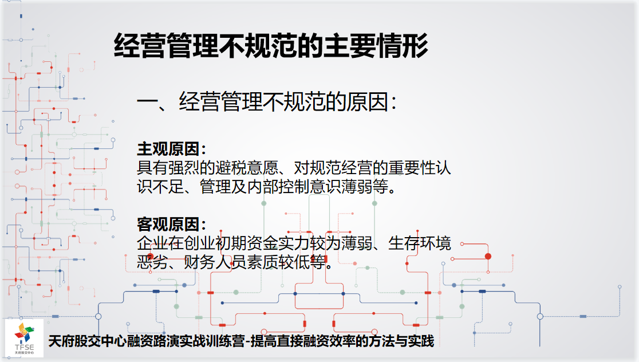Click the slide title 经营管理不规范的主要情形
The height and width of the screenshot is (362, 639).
click(271, 45)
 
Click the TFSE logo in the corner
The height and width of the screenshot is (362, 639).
click(24, 339)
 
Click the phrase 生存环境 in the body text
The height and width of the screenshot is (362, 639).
click(419, 243)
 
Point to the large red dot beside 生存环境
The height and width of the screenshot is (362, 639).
click(488, 257)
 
